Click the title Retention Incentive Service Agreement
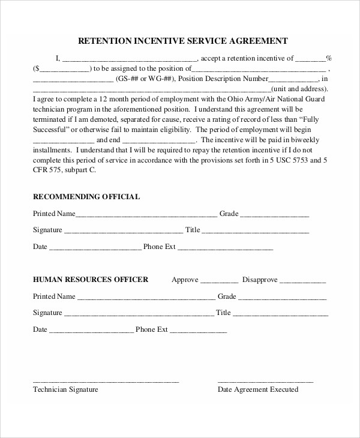184,41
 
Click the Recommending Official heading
86,196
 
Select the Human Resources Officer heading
90,279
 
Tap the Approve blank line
219,281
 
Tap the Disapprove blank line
303,281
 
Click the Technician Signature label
65,389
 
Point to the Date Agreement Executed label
257,389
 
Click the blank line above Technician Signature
106,380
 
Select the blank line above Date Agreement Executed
265,380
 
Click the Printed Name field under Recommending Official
146,215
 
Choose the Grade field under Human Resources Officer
283,298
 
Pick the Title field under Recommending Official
256,231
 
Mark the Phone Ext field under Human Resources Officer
199,331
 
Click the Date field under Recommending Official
95,248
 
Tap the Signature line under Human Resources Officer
139,314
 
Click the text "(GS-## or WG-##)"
145,79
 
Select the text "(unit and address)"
301,89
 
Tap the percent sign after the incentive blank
329,58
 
